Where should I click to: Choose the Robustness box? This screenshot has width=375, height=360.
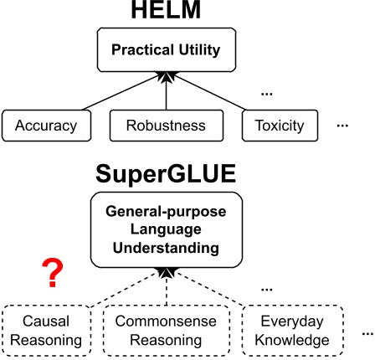(x=167, y=126)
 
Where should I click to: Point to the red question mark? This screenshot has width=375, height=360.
(x=53, y=273)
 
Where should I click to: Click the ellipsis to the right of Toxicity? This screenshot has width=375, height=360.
(x=341, y=126)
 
